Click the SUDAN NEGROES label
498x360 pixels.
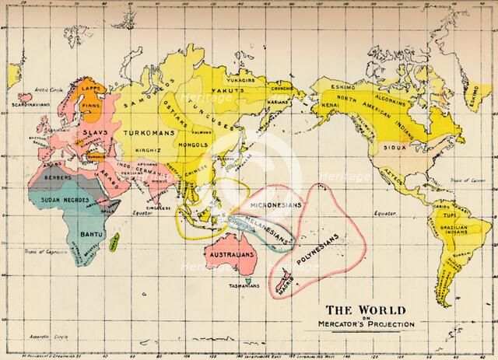tap(64, 201)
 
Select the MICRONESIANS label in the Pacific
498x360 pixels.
tap(269, 202)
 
